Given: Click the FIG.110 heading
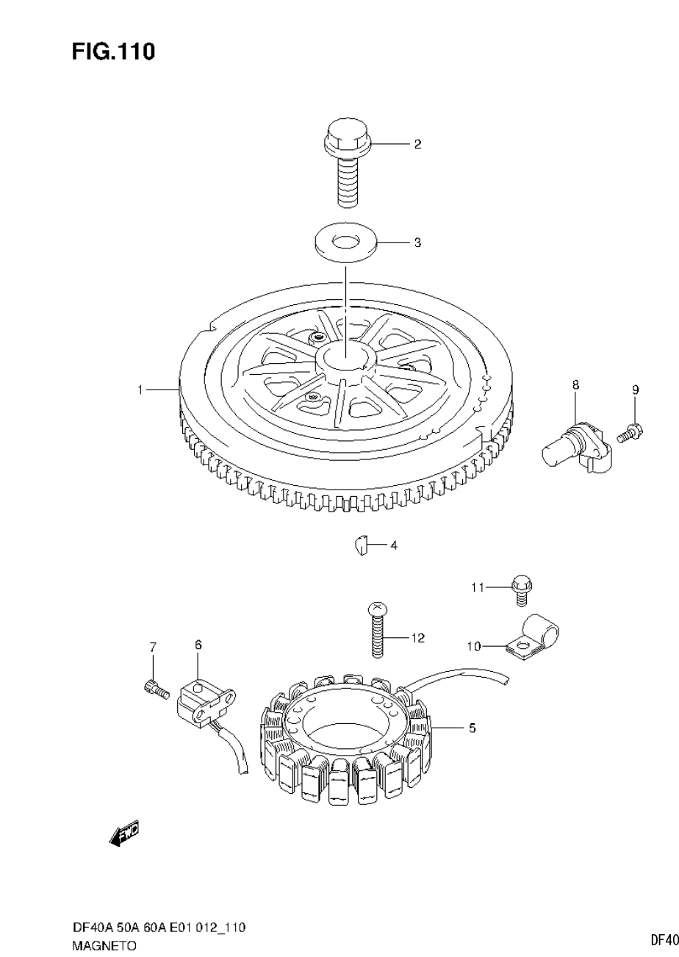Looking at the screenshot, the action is coord(113,51).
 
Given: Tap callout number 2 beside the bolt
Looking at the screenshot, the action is coord(417,144).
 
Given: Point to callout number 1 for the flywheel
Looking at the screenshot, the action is coord(140,390).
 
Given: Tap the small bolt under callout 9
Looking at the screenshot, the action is coord(630,432).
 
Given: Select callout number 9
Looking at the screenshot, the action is coord(635,390).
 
